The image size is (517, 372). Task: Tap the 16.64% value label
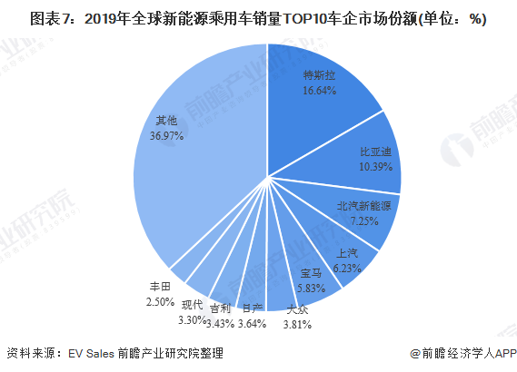(x=320, y=92)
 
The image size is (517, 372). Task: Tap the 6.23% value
(x=347, y=269)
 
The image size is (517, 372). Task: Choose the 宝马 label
(x=311, y=272)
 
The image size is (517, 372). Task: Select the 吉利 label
(x=219, y=308)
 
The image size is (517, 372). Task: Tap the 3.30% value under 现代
(x=192, y=318)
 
